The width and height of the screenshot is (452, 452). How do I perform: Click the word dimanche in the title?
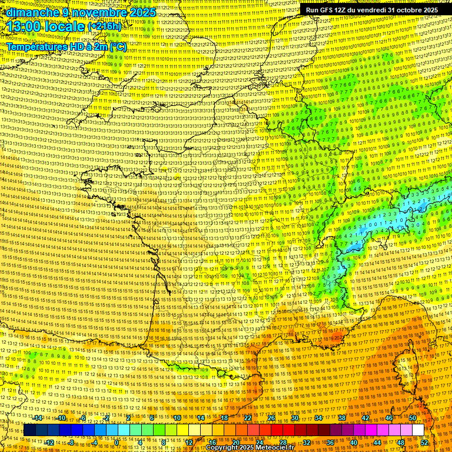[x=32, y=12]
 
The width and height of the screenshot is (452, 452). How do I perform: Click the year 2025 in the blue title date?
[x=142, y=12]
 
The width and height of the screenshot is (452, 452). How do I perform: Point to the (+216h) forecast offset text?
[x=104, y=26]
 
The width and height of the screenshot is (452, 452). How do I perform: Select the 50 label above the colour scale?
[x=413, y=418]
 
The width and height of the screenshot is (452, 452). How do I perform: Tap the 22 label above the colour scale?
[x=248, y=418]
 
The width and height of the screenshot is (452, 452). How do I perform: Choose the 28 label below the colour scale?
[x=282, y=442]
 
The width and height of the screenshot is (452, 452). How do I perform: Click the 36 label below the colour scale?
[x=330, y=442]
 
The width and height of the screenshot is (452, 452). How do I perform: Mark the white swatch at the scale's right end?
[x=418, y=430]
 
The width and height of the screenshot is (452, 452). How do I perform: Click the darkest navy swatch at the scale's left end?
[x=29, y=430]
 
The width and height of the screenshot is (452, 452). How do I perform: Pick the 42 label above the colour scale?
[x=365, y=418]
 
